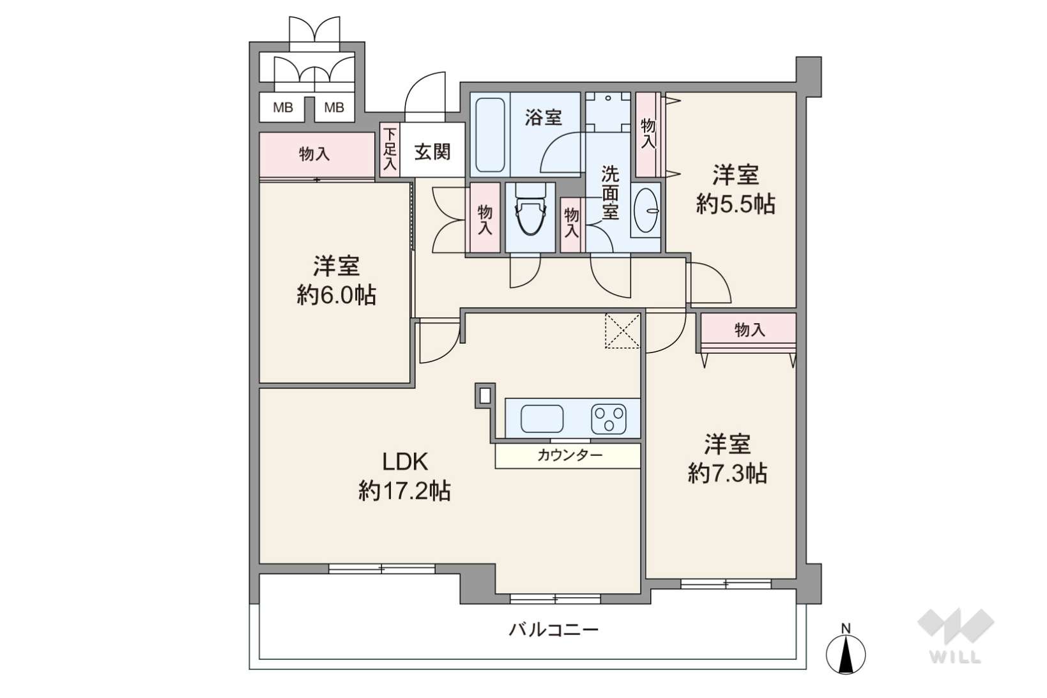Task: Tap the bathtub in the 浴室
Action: coord(490,135)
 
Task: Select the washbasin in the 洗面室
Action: coord(645,209)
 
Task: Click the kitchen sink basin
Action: coord(542,419)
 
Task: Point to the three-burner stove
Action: coord(608,419)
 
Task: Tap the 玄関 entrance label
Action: coord(432,151)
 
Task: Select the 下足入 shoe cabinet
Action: coord(390,150)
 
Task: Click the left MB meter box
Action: coord(283,107)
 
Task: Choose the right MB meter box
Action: coord(334,107)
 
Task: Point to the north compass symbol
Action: coord(846,649)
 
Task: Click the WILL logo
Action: coord(956,636)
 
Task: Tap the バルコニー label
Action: coord(553,630)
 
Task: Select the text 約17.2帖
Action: coord(404,491)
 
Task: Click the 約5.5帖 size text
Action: coord(735,204)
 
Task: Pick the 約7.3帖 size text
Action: coord(728,473)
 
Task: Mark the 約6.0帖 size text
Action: coord(336,295)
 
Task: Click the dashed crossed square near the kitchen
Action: coord(622,331)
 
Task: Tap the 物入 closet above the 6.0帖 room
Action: coord(317,155)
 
